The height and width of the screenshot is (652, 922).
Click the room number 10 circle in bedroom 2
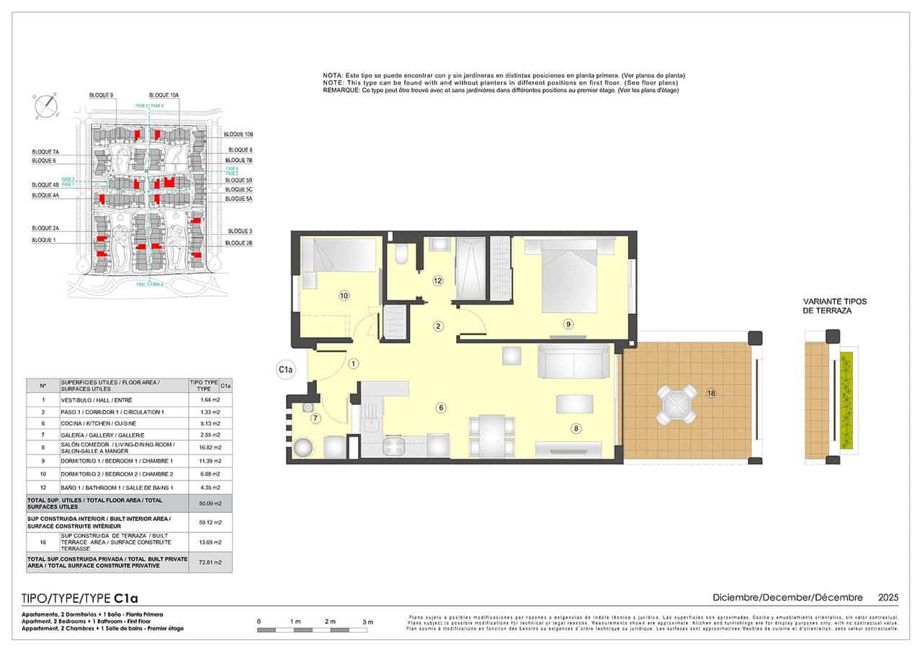[x=344, y=295]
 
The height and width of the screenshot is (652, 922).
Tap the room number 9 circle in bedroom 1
[x=568, y=324]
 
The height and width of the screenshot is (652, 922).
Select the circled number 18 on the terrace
[x=711, y=393]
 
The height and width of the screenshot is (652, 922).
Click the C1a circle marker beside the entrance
[x=287, y=370]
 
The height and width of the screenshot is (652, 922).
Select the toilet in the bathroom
[x=401, y=256]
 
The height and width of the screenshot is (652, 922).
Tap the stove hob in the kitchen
[x=396, y=446]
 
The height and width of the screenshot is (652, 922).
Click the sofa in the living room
[x=574, y=361]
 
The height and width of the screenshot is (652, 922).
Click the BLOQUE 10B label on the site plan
[x=238, y=135]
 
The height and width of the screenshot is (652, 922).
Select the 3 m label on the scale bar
[x=368, y=621]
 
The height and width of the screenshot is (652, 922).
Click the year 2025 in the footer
[x=888, y=597]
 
